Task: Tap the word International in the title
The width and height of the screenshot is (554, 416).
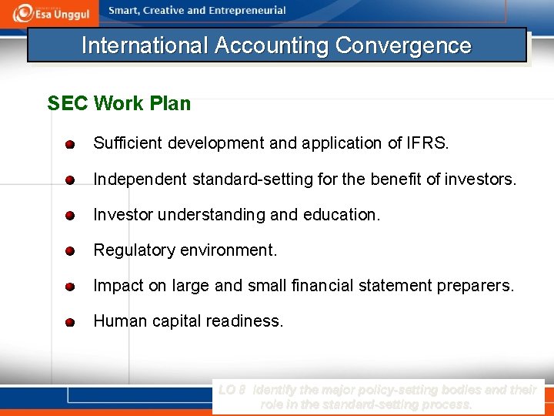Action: click(x=145, y=45)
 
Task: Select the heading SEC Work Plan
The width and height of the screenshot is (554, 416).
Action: click(x=118, y=103)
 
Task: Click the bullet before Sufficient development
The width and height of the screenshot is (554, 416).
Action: click(x=69, y=144)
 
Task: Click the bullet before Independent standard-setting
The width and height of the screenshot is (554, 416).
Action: click(x=69, y=180)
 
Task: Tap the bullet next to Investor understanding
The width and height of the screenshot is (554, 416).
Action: click(x=69, y=216)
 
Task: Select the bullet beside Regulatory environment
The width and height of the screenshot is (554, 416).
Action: click(x=69, y=251)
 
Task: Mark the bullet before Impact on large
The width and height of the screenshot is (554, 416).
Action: click(x=69, y=287)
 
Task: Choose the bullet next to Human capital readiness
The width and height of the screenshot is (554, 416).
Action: click(x=69, y=322)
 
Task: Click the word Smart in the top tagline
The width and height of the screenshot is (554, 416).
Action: click(x=125, y=11)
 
